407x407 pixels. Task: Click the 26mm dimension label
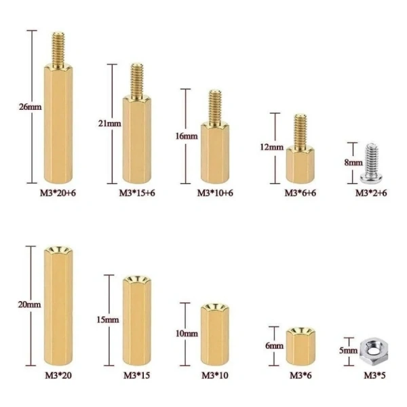(30, 107)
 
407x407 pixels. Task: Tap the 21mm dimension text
(109, 123)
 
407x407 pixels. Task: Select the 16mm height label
(187, 136)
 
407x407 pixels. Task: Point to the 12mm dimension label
(272, 147)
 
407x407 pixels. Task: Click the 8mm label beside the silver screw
(353, 163)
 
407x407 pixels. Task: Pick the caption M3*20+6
(58, 193)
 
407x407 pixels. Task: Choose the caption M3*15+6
(137, 193)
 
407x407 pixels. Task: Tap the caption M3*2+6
(371, 193)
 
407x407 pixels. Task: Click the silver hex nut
(374, 351)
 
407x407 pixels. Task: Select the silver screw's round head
(370, 178)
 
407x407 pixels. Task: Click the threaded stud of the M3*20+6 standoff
(58, 50)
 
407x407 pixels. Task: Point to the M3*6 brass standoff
(301, 346)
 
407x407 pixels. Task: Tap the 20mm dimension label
(29, 305)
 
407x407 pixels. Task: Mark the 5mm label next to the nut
(349, 351)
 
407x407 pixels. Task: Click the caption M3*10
(215, 375)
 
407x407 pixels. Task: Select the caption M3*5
(374, 375)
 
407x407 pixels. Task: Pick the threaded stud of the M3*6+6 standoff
(301, 132)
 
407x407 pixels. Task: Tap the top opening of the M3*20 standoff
(58, 250)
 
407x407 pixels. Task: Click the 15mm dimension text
(108, 319)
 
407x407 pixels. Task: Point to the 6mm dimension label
(274, 346)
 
